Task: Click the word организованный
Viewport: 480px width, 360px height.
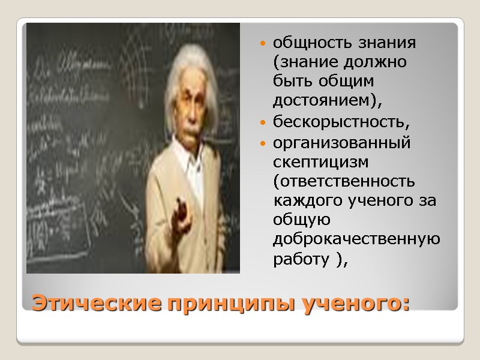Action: [342, 144]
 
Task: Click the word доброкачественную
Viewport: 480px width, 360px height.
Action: [356, 239]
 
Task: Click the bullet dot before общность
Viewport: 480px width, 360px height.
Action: [263, 44]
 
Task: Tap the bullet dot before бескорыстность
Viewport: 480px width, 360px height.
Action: [263, 124]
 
